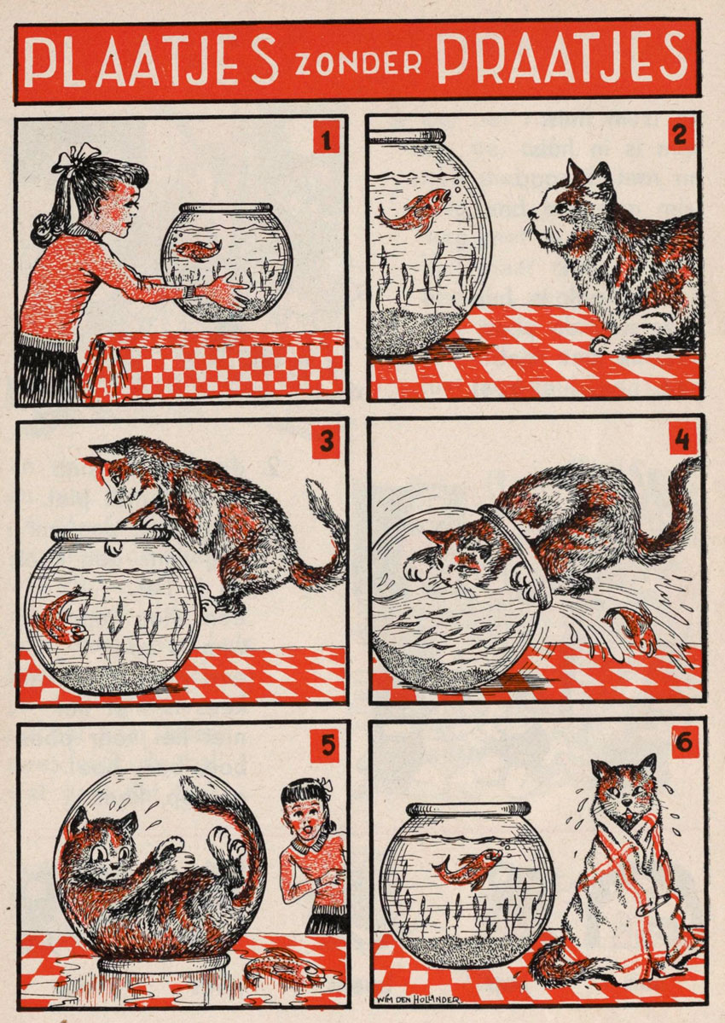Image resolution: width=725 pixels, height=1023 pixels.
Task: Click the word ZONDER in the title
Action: (x=358, y=65)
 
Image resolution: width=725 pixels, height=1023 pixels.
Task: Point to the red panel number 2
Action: (x=680, y=134)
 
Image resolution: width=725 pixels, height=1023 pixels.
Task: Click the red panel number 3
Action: (x=326, y=442)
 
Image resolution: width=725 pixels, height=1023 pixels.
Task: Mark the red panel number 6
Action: (x=685, y=741)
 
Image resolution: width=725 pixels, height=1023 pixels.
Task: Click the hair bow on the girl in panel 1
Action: (x=73, y=157)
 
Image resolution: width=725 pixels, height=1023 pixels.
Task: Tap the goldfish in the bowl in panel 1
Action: (x=198, y=249)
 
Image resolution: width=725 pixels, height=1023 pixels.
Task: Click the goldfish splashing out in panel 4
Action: (x=630, y=629)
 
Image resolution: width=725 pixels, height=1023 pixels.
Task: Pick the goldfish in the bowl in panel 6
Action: (x=467, y=868)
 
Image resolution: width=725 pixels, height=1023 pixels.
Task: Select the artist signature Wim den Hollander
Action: (x=417, y=999)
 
